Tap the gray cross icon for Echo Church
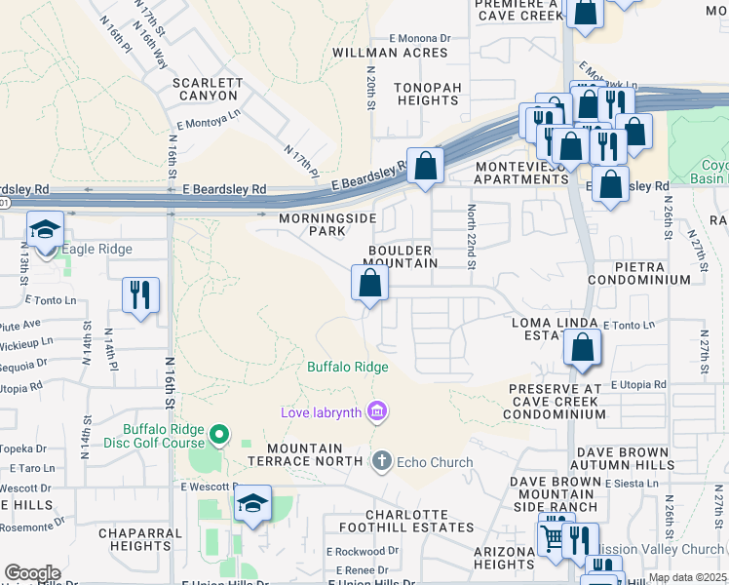tap(381, 461)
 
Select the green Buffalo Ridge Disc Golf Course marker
tap(220, 434)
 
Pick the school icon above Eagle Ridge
tap(45, 229)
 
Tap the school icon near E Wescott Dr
tap(252, 504)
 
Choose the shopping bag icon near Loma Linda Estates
tap(582, 348)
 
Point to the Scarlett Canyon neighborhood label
tap(207, 90)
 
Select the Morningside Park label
tap(313, 224)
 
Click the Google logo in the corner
tap(32, 573)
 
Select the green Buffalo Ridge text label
tap(348, 367)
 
